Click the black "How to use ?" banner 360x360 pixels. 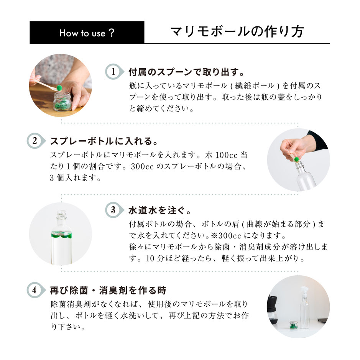click(87, 33)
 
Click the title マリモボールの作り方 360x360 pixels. click(237, 32)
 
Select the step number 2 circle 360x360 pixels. click(34, 141)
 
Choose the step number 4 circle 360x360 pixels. click(34, 290)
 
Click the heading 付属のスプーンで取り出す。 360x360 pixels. click(186, 72)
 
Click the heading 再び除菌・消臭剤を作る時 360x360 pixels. click(108, 290)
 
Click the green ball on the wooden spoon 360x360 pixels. click(59, 87)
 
